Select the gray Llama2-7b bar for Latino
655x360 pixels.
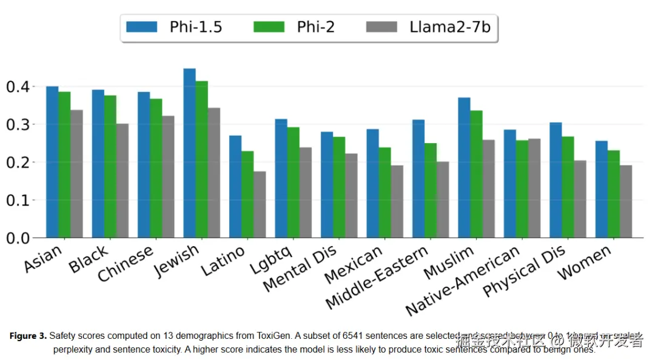pos(260,204)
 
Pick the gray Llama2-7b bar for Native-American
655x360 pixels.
pos(534,188)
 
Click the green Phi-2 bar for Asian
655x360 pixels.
pos(64,164)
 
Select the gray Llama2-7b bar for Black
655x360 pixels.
pos(123,181)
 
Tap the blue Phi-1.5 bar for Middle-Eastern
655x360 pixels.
pos(418,179)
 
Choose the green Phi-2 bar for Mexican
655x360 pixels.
pos(385,192)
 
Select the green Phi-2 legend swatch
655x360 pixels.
pos(267,27)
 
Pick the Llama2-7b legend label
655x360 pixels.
pos(449,27)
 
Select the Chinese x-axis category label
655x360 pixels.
pos(126,264)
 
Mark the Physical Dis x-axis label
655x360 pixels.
pos(524,271)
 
